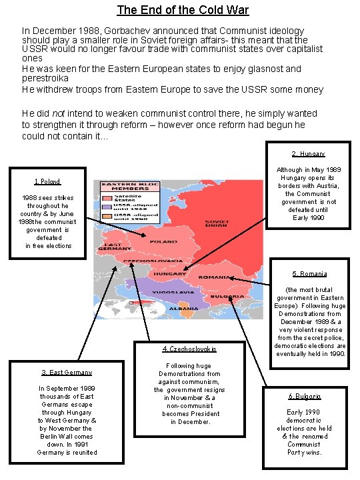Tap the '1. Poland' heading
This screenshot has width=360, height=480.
47,181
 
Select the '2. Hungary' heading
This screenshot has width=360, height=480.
308,154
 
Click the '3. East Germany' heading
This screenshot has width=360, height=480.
67,372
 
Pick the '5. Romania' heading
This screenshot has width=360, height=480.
309,273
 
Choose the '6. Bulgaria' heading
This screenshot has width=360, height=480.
305,396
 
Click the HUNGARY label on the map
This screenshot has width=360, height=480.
170,274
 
